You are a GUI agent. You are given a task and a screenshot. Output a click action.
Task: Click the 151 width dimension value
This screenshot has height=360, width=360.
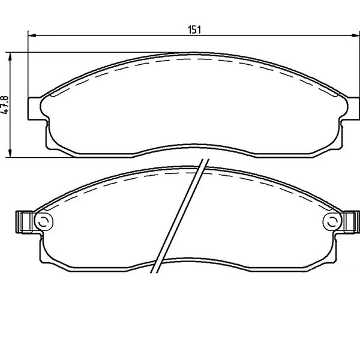click(x=194, y=30)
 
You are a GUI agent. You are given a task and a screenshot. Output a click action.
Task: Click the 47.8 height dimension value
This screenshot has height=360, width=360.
click(x=5, y=104)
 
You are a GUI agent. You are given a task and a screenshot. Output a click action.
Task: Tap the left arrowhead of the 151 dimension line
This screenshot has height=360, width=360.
click(x=32, y=35)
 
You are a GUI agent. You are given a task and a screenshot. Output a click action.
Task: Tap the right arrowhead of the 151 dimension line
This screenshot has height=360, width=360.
click(x=356, y=35)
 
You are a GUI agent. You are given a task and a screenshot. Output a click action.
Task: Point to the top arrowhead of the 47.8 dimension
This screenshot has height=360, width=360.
click(x=10, y=56)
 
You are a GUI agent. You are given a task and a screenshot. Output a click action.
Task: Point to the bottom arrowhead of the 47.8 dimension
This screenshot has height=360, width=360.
click(x=10, y=153)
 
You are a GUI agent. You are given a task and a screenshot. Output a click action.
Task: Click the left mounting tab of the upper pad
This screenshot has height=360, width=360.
click(x=35, y=109)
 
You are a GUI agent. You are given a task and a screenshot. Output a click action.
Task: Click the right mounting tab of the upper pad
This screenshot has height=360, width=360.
click(x=353, y=109)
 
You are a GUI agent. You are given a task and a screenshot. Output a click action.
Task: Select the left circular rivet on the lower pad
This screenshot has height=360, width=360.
click(x=44, y=221)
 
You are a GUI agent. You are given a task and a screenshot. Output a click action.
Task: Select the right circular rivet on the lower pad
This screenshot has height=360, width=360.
click(x=332, y=221)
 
